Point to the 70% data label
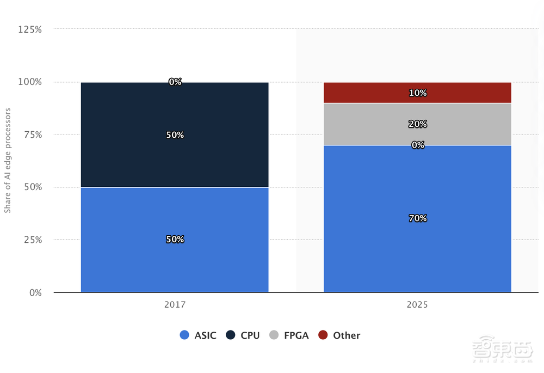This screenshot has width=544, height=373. pos(418,218)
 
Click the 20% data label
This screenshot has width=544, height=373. pos(418,124)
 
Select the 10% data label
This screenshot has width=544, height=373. pos(418,93)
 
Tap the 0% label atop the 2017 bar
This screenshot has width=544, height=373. pos(175,82)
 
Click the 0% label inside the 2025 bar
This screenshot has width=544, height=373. pos(418,145)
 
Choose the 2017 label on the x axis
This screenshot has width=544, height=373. pos(175,305)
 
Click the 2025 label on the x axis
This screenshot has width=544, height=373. pos(417,305)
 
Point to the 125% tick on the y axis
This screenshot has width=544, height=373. pos(30,29)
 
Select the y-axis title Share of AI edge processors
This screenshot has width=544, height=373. pos(8,161)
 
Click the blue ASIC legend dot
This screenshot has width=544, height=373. pos(184,335)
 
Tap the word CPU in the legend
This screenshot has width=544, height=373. pos(250,335)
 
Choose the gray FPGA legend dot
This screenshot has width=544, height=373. pos(274,335)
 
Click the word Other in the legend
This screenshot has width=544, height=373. pos(347,335)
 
